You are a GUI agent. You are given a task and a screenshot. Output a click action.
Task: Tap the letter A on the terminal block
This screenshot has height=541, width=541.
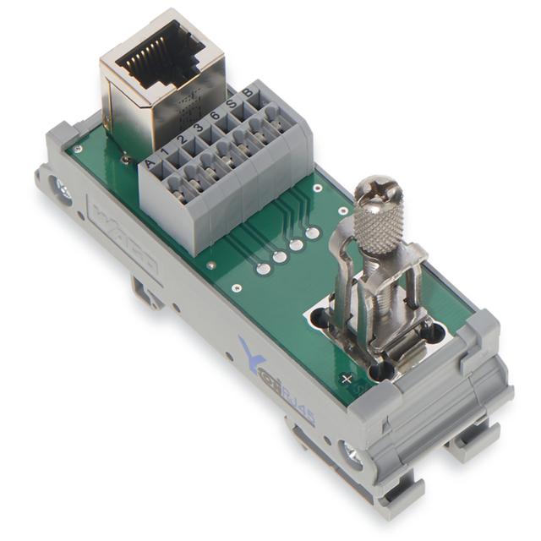tap(150, 162)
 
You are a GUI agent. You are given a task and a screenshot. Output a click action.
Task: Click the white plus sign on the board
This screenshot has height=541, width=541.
tap(347, 380)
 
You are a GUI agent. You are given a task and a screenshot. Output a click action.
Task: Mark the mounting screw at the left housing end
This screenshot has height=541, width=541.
tap(61, 189)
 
